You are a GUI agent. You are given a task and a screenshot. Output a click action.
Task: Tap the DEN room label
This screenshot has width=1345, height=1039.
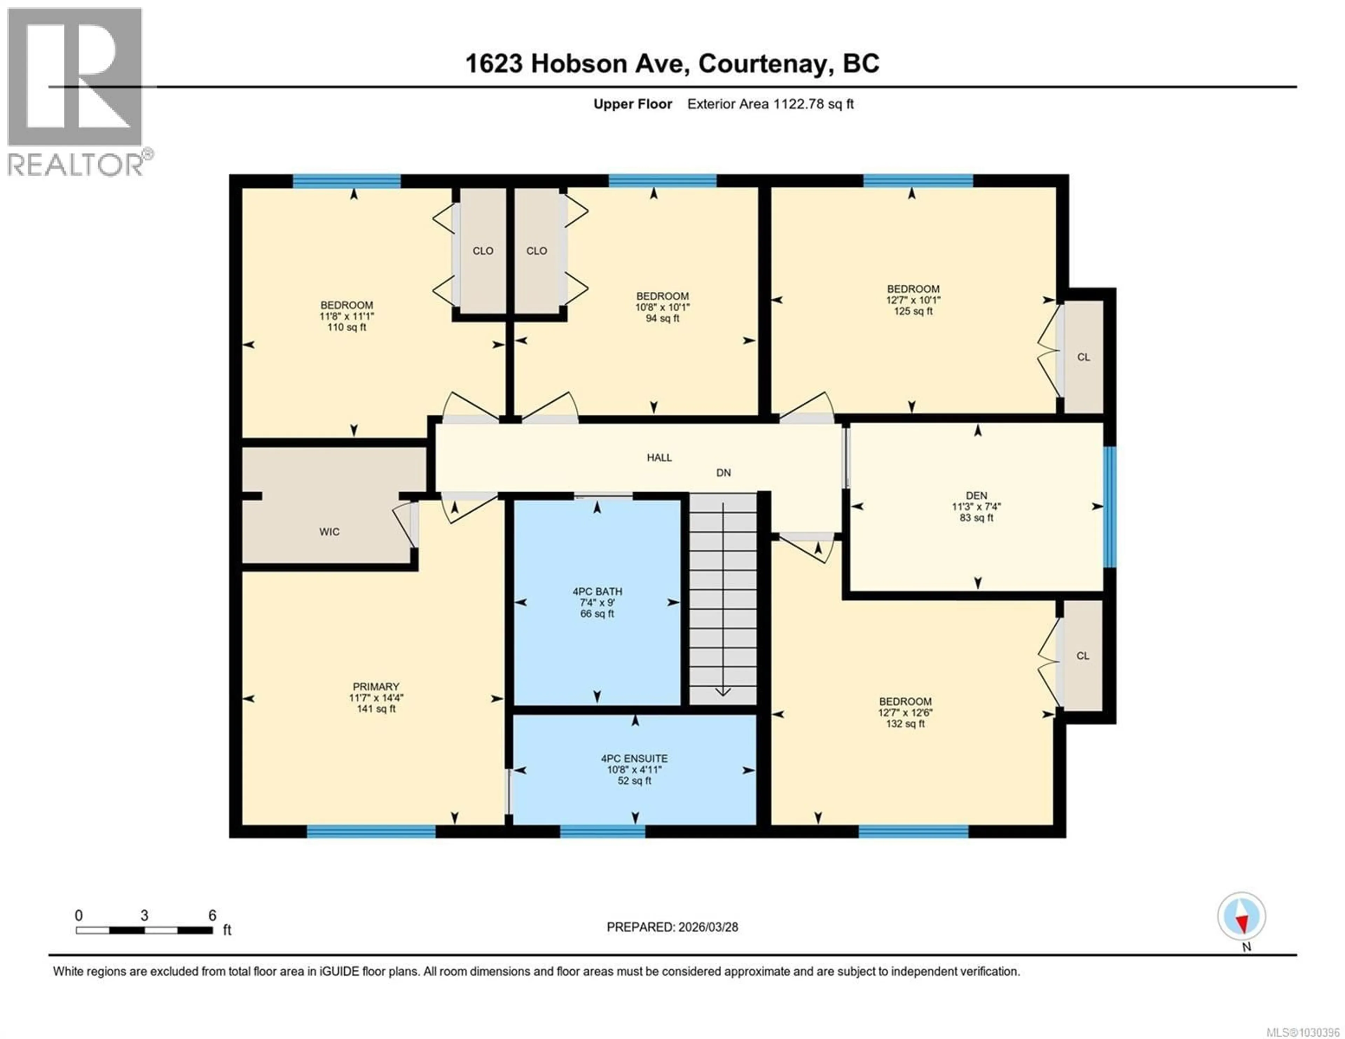(976, 495)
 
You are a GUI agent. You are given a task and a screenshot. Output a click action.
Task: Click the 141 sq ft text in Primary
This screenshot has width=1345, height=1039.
(376, 709)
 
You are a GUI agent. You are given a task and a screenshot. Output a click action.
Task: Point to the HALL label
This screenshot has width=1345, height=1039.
(659, 458)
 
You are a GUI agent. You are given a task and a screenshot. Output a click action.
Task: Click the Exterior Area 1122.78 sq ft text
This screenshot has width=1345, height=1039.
(770, 104)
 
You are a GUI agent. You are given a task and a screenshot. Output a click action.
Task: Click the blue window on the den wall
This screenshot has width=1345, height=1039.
(1109, 506)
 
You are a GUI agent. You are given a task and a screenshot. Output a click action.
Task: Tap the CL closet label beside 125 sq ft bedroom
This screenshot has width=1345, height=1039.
(1083, 357)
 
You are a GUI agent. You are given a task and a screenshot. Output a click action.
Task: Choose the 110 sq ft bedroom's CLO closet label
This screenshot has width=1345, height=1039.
(483, 251)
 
